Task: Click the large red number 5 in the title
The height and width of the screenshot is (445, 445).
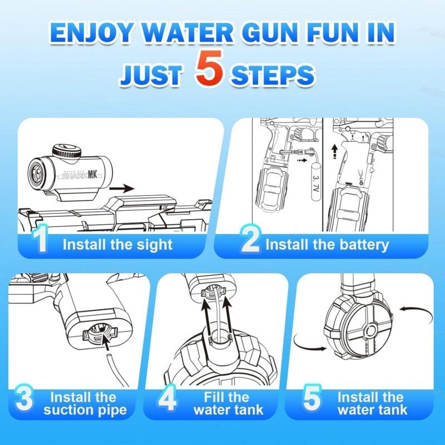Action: pos(211,71)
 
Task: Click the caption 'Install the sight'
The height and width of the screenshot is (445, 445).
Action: pos(117,244)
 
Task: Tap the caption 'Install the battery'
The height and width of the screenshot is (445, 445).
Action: pos(327,244)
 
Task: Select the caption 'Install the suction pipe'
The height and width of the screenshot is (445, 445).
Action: pos(85,404)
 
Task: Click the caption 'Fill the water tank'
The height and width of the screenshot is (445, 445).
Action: pos(229,404)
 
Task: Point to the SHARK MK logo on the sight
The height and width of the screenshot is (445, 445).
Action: pos(81,174)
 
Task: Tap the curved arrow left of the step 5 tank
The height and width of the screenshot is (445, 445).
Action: pos(309,342)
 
